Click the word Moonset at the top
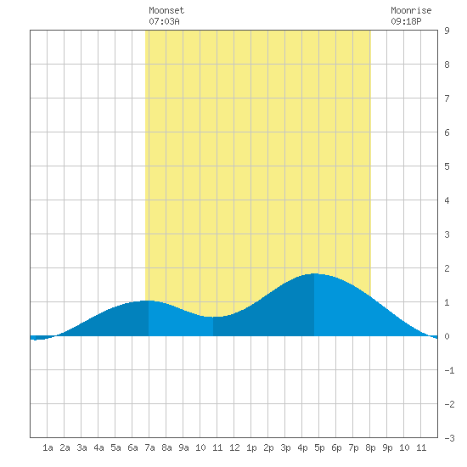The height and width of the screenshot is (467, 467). click(166, 10)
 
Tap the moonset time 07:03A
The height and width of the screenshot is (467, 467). click(164, 21)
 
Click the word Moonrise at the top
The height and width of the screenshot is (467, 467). click(411, 10)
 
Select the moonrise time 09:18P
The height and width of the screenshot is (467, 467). click(406, 21)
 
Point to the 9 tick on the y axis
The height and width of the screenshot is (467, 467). click(447, 31)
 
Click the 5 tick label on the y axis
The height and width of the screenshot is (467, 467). click(447, 166)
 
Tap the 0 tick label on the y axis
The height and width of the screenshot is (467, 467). click(447, 336)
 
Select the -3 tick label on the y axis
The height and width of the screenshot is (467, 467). click(449, 438)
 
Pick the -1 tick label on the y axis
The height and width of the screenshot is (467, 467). click(449, 370)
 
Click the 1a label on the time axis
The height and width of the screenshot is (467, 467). click(48, 447)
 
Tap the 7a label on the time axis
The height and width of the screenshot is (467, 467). click(149, 447)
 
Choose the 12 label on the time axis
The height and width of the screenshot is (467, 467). click(234, 447)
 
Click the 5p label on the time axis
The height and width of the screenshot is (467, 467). click(319, 447)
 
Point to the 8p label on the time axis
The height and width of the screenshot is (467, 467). click(370, 447)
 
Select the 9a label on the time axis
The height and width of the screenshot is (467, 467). click(183, 447)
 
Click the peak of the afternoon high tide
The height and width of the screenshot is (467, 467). click(314, 273)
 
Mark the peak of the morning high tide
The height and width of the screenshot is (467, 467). click(149, 301)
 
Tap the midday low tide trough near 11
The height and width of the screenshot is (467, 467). click(212, 317)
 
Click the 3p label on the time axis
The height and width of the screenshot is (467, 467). click(285, 447)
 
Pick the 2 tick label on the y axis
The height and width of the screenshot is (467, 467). click(447, 268)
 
